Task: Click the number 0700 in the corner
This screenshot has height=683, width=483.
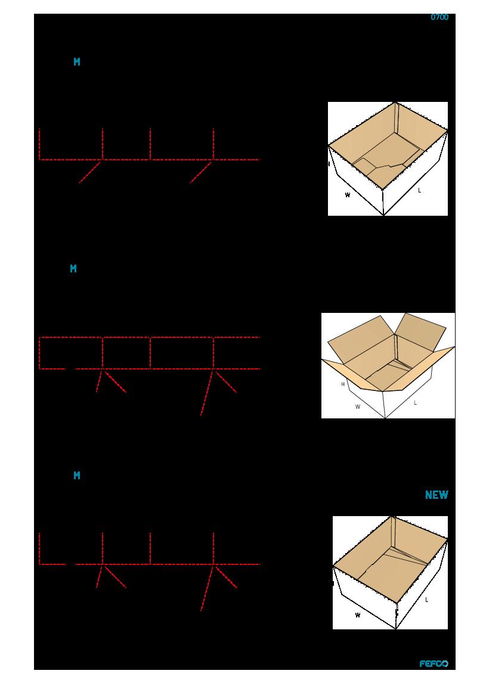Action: (439, 17)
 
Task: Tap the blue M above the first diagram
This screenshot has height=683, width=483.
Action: (77, 62)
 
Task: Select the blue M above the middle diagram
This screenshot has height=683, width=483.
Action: (73, 268)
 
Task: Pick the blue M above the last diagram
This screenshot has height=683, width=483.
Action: (77, 475)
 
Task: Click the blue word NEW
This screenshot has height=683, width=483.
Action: (436, 495)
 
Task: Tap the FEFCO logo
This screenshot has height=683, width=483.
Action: (434, 663)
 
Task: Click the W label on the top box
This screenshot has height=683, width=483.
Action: (348, 195)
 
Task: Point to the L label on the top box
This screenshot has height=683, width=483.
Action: (420, 190)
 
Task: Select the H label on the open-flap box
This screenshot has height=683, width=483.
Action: (343, 384)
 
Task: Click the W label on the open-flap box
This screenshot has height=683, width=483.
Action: (357, 407)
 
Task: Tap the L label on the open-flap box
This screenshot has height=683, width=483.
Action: (415, 403)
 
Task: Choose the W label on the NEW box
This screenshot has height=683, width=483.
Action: (357, 615)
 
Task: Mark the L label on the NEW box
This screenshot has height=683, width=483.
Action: (426, 600)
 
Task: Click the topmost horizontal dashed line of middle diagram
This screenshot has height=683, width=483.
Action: (150, 337)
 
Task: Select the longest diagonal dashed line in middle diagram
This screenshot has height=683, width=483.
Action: (206, 392)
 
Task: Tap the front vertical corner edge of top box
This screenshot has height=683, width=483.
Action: (383, 202)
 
